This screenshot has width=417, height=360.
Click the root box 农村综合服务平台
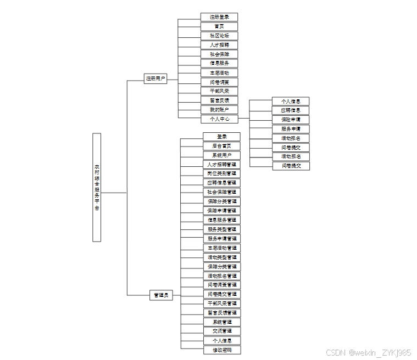(x=97, y=187)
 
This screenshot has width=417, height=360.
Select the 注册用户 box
(x=155, y=79)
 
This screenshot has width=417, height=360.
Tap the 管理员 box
(x=160, y=295)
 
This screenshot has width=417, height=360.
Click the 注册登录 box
(x=219, y=17)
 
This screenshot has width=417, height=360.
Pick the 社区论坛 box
(x=219, y=36)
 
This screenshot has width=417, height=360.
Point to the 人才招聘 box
(x=219, y=45)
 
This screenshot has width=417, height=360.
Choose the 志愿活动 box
(x=219, y=72)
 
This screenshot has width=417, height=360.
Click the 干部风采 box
(x=219, y=91)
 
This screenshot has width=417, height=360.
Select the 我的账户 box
(x=219, y=110)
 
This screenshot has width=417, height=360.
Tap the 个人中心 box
(x=219, y=119)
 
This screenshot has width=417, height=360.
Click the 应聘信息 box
(x=291, y=110)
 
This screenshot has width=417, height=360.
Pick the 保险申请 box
(x=291, y=120)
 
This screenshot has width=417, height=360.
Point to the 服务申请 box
(x=291, y=129)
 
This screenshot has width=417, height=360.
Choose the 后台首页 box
(x=221, y=146)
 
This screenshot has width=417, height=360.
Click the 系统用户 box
(x=221, y=155)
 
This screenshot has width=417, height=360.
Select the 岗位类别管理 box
(x=221, y=173)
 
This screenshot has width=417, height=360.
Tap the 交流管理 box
(x=221, y=331)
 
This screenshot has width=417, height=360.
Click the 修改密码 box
(x=221, y=350)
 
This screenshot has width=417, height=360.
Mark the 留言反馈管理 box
(x=221, y=313)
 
